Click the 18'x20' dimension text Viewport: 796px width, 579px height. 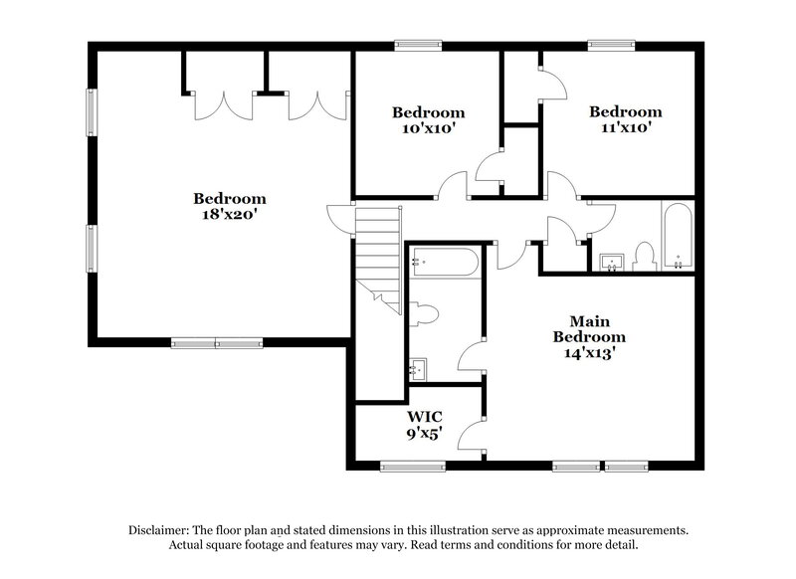tap(230, 214)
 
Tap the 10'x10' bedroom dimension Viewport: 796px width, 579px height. tap(428, 128)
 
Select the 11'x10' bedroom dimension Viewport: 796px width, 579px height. tap(625, 128)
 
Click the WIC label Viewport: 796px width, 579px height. tap(424, 416)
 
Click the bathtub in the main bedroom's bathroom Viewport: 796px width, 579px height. tap(445, 262)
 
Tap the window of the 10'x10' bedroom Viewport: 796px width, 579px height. tap(418, 45)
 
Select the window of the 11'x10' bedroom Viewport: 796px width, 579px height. tap(612, 45)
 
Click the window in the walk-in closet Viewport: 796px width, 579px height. tap(412, 465)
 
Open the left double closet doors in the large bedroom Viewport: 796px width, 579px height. tap(223, 105)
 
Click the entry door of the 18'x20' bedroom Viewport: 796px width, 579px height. tap(342, 216)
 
